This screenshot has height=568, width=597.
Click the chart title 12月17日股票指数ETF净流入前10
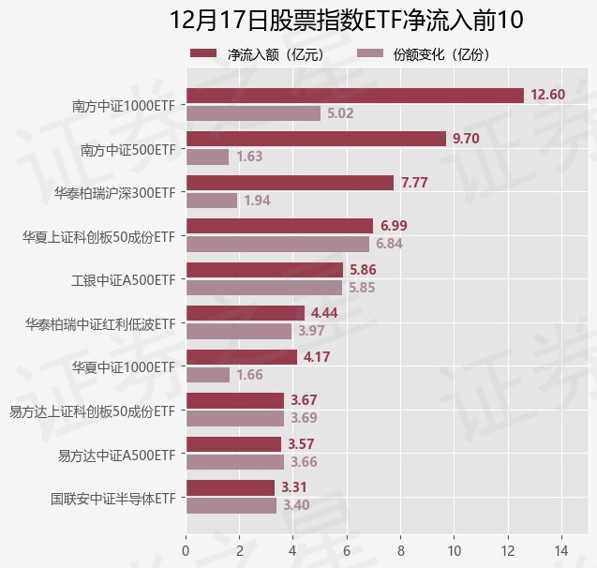pos(347,20)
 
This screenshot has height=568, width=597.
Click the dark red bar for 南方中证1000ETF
pos(354,95)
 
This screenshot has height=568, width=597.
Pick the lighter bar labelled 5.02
pos(253,113)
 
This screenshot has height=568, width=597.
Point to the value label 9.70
pos(466,139)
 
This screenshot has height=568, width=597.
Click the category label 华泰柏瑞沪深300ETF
pos(115,192)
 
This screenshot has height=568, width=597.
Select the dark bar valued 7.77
pos(290,183)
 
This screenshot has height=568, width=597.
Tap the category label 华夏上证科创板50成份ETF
pos(99,236)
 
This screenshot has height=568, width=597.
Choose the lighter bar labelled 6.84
pos(277,244)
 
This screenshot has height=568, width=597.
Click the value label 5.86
pos(362,269)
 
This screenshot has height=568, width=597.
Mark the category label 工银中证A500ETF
pos(123,279)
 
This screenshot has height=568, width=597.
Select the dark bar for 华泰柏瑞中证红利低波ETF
pos(246,313)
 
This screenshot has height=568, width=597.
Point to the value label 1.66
pos(249,375)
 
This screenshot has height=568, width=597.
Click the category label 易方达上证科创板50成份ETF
pos(92,411)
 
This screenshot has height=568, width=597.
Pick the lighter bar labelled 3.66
pos(234,462)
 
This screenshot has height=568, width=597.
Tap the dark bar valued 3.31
pos(230,487)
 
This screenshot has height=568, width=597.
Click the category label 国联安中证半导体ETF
pos(113,498)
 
